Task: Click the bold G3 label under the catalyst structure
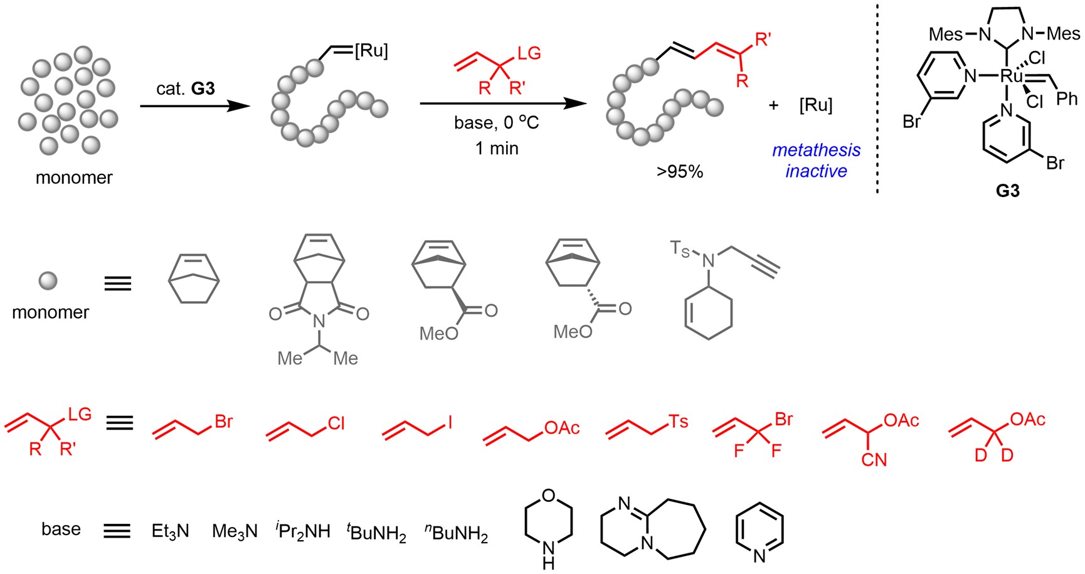click(x=1007, y=191)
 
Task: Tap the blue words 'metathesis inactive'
click(x=816, y=161)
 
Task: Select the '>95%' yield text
click(x=680, y=171)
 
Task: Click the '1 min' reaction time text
click(x=496, y=149)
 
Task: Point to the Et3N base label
click(x=170, y=531)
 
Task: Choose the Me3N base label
click(x=235, y=531)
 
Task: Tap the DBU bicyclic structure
click(x=652, y=529)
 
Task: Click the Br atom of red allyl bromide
click(x=223, y=422)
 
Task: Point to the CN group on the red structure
click(x=874, y=460)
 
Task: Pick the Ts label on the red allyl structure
click(x=678, y=422)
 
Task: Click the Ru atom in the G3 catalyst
click(x=1011, y=77)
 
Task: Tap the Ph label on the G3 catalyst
click(x=1067, y=98)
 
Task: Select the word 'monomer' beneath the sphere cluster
click(x=74, y=178)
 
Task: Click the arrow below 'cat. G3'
click(x=194, y=106)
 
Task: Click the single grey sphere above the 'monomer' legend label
click(x=48, y=280)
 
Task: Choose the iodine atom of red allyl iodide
click(x=450, y=423)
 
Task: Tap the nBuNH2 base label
click(x=456, y=533)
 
